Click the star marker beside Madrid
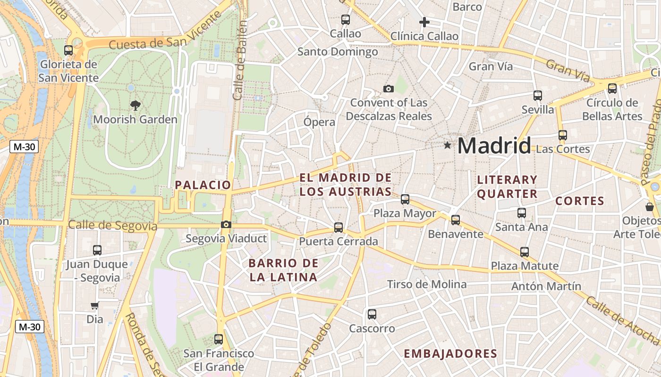click(447, 145)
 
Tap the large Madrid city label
click(494, 145)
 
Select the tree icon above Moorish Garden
click(136, 105)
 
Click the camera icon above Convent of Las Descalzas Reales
click(389, 89)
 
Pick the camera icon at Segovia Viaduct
click(226, 224)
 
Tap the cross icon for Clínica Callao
click(424, 22)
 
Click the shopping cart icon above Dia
click(94, 306)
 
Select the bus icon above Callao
click(346, 20)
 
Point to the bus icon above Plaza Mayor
click(405, 199)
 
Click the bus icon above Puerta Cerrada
click(339, 228)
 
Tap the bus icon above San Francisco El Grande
click(218, 339)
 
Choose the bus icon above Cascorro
click(372, 314)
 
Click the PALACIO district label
click(203, 185)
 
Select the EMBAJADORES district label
click(450, 354)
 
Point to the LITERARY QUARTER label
click(507, 187)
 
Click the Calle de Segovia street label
click(112, 226)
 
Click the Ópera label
click(319, 122)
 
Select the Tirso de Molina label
click(426, 284)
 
